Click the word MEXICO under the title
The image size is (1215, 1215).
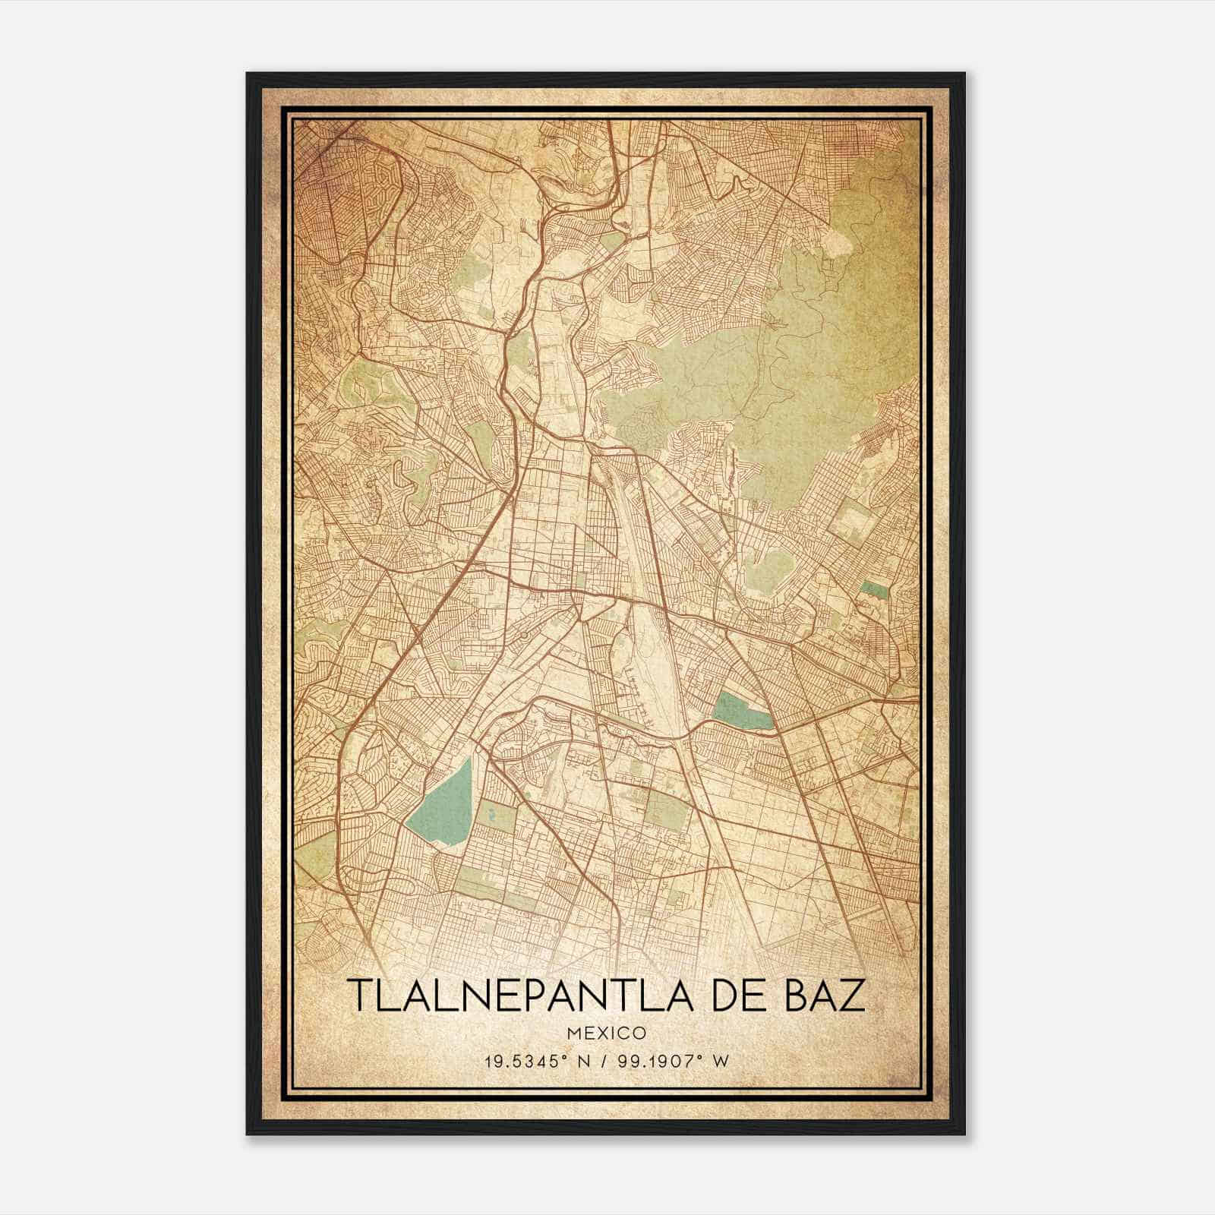tap(606, 1034)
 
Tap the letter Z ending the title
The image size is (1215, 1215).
tap(852, 996)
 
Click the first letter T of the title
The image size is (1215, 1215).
tap(359, 996)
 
